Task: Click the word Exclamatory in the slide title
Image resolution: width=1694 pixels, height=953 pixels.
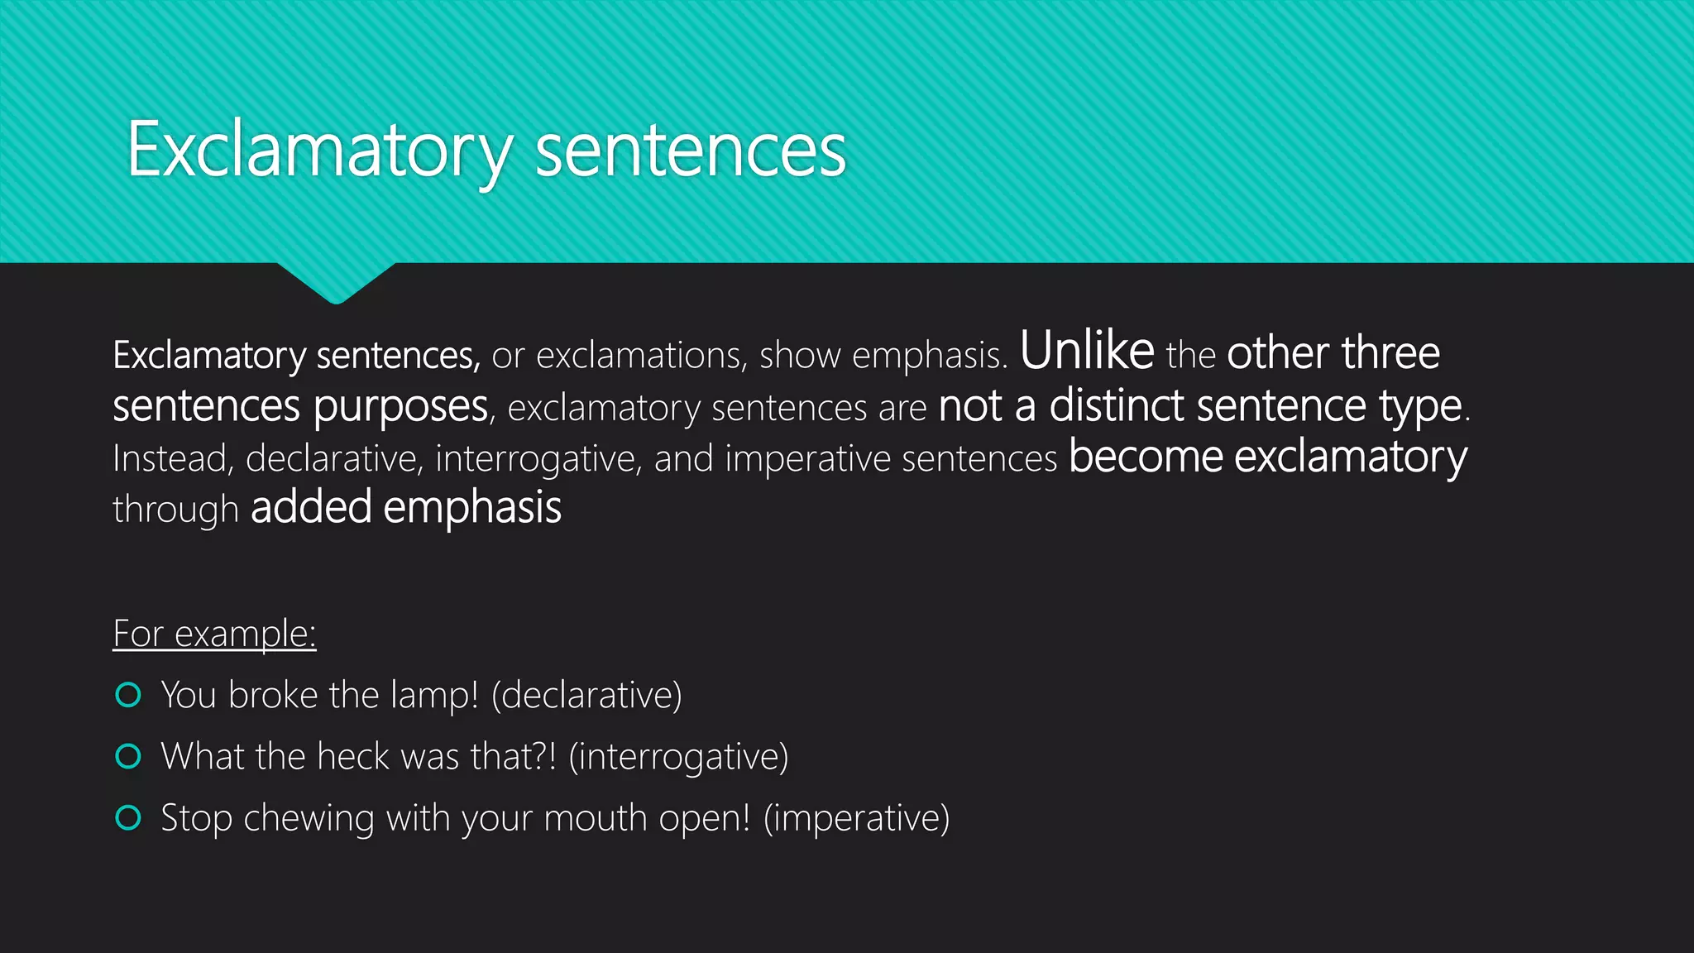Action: [x=319, y=150]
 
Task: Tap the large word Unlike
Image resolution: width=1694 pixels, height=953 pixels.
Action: [x=1087, y=350]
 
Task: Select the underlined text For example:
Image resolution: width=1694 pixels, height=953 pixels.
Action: [x=214, y=634]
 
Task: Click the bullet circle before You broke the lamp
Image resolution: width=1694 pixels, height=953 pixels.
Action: [x=128, y=695]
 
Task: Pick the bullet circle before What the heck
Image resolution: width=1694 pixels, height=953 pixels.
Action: [x=128, y=756]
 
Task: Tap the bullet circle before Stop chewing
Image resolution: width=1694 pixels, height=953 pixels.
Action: [x=128, y=817]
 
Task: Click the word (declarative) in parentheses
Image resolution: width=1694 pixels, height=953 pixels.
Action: [x=586, y=695]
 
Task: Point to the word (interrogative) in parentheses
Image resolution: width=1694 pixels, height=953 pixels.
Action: [x=678, y=756]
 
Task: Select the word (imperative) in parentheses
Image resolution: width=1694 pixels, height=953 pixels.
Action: [x=856, y=817]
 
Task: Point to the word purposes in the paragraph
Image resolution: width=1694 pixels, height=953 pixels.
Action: [x=401, y=407]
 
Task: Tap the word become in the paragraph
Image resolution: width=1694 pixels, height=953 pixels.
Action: [x=1145, y=457]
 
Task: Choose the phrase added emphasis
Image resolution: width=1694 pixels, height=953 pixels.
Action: [x=406, y=507]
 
